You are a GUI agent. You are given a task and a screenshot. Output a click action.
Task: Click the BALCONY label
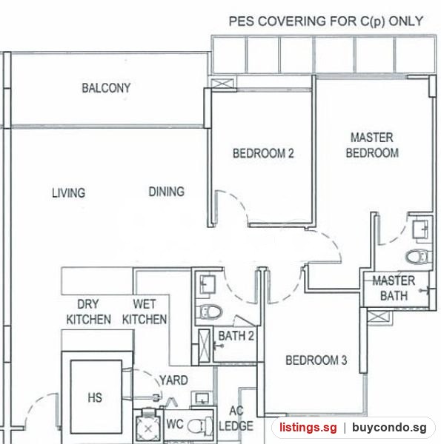pyautogui.click(x=106, y=88)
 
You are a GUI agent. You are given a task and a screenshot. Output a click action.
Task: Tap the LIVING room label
pyautogui.click(x=69, y=193)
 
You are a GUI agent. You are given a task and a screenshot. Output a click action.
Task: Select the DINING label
pyautogui.click(x=167, y=192)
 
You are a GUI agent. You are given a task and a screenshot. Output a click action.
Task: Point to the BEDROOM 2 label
pyautogui.click(x=263, y=153)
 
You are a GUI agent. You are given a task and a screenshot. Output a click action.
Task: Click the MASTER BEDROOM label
pyautogui.click(x=372, y=145)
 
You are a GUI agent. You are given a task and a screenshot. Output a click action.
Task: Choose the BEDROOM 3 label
pyautogui.click(x=316, y=360)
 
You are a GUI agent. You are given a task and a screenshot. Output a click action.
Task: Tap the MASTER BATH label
pyautogui.click(x=394, y=289)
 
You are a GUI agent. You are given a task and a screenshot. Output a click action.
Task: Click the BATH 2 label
pyautogui.click(x=236, y=336)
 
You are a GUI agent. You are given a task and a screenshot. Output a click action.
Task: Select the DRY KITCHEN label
pyautogui.click(x=88, y=312)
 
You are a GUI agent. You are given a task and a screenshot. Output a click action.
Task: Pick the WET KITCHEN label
pyautogui.click(x=145, y=312)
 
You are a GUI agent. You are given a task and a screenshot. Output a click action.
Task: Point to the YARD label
pyautogui.click(x=173, y=380)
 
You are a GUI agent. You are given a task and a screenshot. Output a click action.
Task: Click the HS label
pyautogui.click(x=95, y=397)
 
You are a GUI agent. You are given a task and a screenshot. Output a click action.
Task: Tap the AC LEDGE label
pyautogui.click(x=236, y=419)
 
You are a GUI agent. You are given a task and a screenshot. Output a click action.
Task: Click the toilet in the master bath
pyautogui.click(x=419, y=257)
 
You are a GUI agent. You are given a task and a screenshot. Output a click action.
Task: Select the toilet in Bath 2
pyautogui.click(x=210, y=312)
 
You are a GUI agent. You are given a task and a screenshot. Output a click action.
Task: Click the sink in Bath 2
pyautogui.click(x=208, y=284)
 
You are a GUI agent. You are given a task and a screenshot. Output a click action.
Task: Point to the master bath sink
pyautogui.click(x=420, y=229)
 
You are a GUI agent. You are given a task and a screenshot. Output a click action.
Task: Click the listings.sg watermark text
pyautogui.click(x=308, y=427)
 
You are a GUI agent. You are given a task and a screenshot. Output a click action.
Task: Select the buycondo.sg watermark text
pyautogui.click(x=389, y=427)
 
